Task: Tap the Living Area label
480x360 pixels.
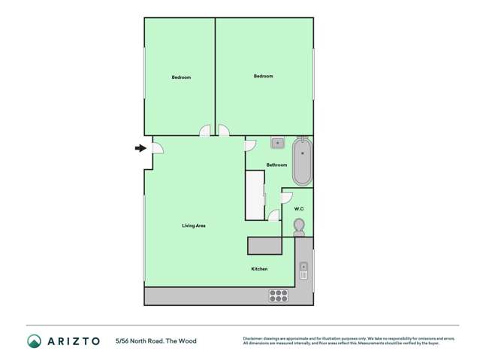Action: (x=194, y=225)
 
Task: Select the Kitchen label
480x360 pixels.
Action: (x=259, y=269)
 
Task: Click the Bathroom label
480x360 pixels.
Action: (x=276, y=165)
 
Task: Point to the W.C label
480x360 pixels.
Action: (x=299, y=209)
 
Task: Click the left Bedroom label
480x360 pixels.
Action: (x=181, y=77)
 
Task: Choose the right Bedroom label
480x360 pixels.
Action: (x=263, y=76)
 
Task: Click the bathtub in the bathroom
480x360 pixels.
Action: (x=302, y=161)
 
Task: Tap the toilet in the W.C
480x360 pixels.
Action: (x=299, y=226)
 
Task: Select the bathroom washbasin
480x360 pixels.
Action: (x=277, y=142)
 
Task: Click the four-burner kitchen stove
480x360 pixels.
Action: (x=278, y=295)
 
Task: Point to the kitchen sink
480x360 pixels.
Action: (x=303, y=270)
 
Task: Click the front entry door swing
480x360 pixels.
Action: (x=157, y=147)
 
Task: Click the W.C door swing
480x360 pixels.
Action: (x=286, y=198)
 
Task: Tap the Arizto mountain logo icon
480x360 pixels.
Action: (x=35, y=340)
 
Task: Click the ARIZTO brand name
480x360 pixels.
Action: (x=74, y=340)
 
